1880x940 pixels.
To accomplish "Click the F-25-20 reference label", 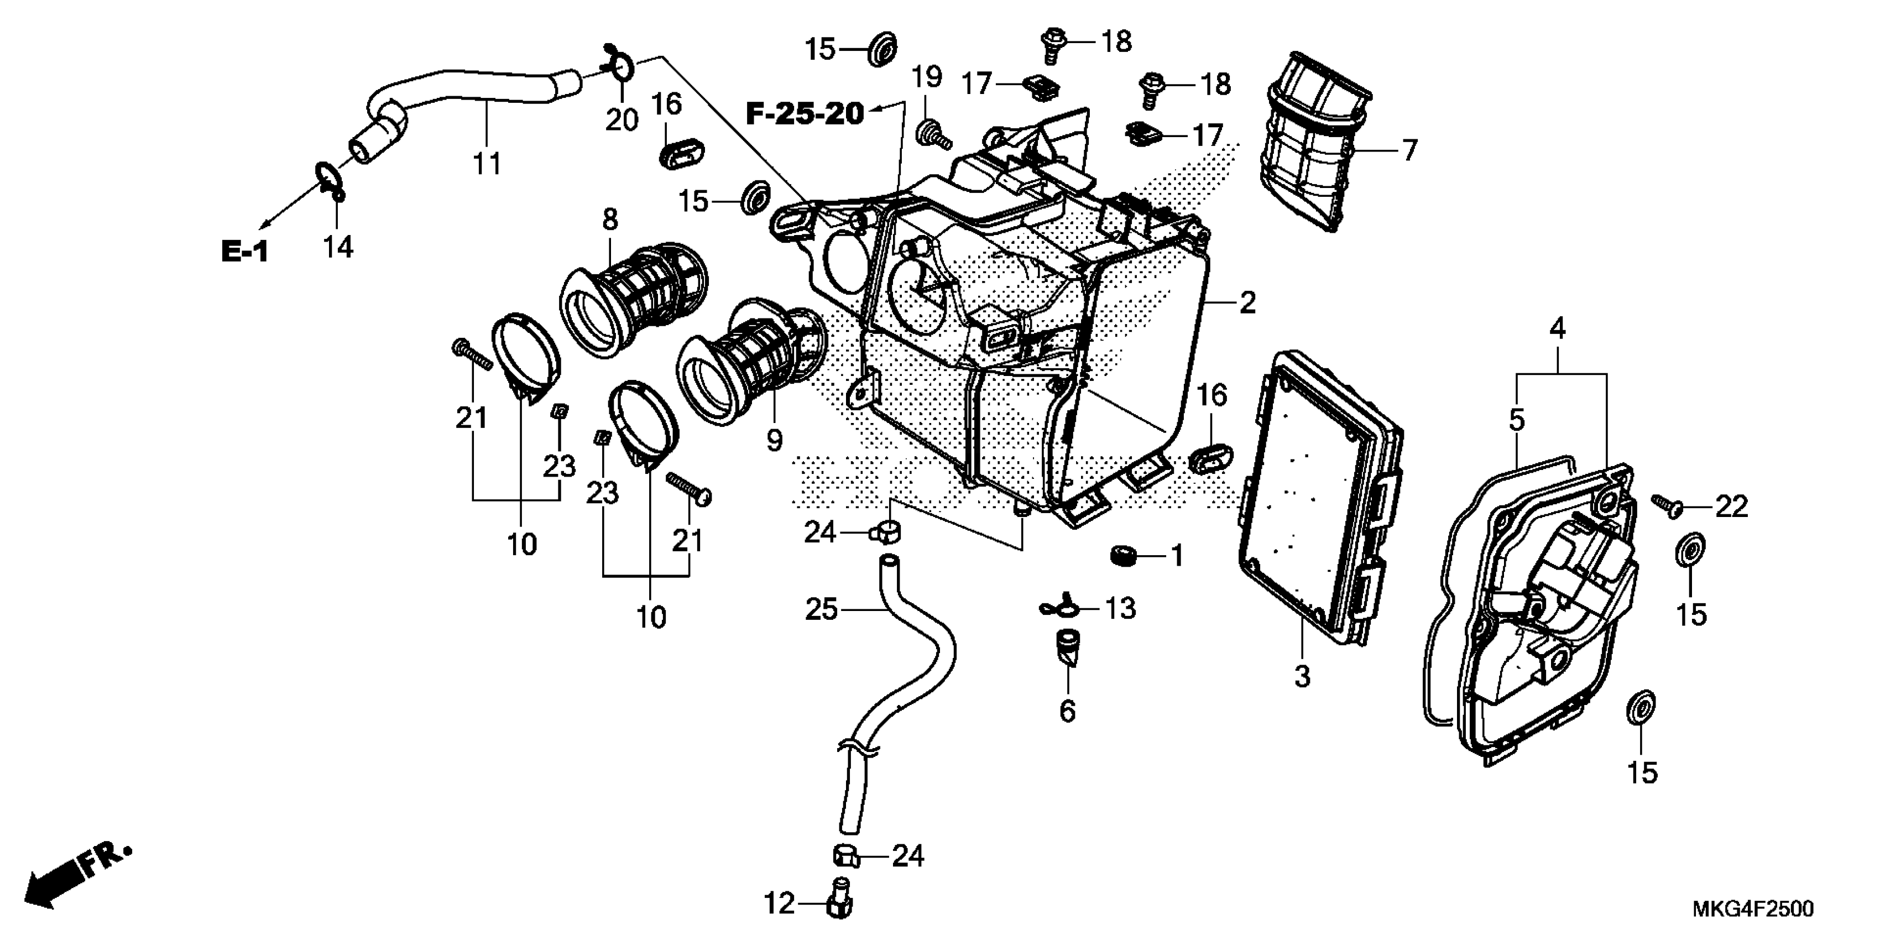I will coord(805,114).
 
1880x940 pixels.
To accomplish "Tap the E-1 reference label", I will coord(245,253).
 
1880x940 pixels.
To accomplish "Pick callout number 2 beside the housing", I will coord(1247,302).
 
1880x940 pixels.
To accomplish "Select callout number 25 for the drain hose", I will coord(821,609).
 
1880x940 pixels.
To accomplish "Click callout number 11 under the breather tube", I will coord(487,164).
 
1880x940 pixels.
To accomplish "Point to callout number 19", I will coord(927,77).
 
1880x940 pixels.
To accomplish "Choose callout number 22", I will coord(1732,506).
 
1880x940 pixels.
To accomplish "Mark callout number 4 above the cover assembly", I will coord(1558,329).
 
